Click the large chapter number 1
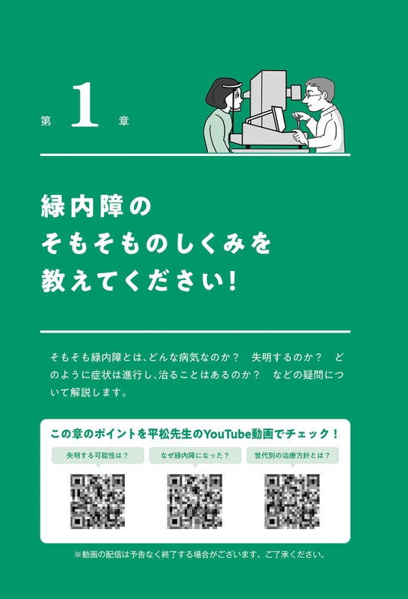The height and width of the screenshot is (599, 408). (84, 105)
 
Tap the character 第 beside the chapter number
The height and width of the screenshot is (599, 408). (46, 121)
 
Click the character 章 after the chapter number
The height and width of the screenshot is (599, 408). (123, 121)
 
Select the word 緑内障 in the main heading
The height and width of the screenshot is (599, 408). (82, 206)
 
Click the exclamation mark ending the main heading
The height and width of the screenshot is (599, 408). (232, 281)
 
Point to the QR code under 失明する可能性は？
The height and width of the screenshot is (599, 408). (97, 502)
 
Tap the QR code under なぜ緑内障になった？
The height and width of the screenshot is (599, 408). (195, 502)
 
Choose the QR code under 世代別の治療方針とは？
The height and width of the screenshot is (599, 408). (292, 502)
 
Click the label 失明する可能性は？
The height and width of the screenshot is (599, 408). (97, 455)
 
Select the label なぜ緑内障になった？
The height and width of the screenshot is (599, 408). (195, 455)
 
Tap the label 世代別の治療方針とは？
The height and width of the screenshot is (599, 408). (292, 455)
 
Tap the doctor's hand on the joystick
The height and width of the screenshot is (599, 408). (299, 116)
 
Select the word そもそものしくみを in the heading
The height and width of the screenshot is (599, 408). (156, 244)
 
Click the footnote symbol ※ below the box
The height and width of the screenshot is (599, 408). (78, 555)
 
